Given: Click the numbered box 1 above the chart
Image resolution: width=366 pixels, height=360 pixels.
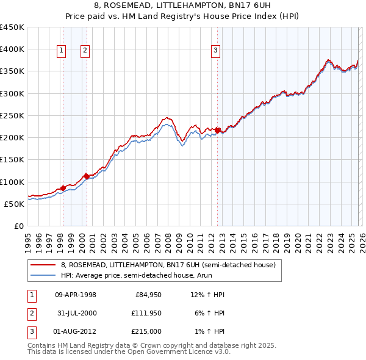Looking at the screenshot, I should (x=62, y=51).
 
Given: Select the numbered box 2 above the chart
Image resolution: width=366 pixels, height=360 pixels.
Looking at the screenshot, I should (x=85, y=51).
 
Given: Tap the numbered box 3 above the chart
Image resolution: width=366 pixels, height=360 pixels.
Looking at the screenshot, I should (x=216, y=51).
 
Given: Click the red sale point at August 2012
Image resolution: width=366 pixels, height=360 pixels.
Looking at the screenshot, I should (x=218, y=131).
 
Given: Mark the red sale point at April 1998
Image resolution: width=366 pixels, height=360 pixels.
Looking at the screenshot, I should (x=63, y=188).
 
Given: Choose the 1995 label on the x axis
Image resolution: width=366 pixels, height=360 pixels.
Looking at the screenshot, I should (x=28, y=241).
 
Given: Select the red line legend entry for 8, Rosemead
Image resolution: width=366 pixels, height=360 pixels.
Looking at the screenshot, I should (x=168, y=265).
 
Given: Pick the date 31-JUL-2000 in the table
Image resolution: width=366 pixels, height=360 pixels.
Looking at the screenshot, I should (x=76, y=313).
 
